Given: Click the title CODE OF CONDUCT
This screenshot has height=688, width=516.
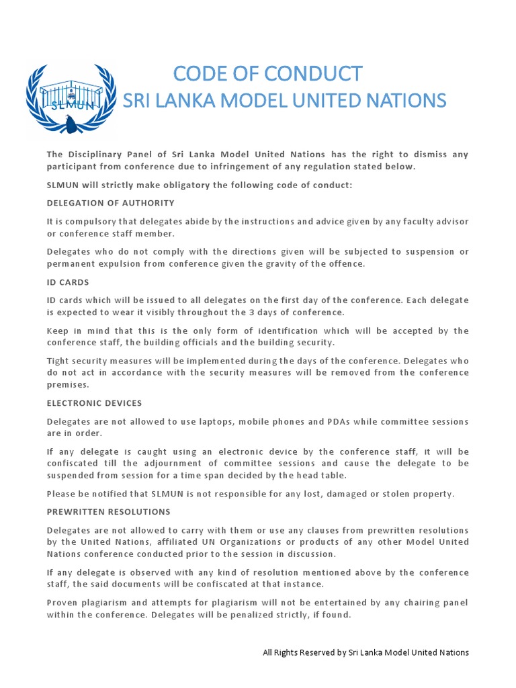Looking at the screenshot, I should [x=267, y=73].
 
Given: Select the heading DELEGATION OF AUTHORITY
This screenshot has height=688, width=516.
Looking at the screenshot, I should [x=111, y=203].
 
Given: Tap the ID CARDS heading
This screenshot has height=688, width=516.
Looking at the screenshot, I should [x=68, y=282].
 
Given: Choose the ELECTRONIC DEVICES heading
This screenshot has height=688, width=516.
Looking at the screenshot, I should [x=94, y=403].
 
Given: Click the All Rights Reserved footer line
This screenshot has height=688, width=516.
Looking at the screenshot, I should [x=365, y=652].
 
